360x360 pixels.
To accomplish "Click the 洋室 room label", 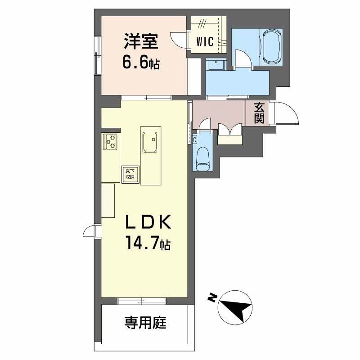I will pos(141,42).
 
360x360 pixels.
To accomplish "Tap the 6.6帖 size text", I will pos(141,62).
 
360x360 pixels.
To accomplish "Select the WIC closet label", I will pos(204,41).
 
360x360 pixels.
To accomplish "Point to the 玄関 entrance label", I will pos(259,113).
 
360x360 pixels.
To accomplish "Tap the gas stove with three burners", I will pos(110,142).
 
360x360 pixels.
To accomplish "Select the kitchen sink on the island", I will pos(149,143).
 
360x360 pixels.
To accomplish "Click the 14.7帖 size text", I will pos(147,244).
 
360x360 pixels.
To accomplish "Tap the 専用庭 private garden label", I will pos(145,322).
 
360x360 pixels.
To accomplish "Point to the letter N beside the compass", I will pos(211,297).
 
